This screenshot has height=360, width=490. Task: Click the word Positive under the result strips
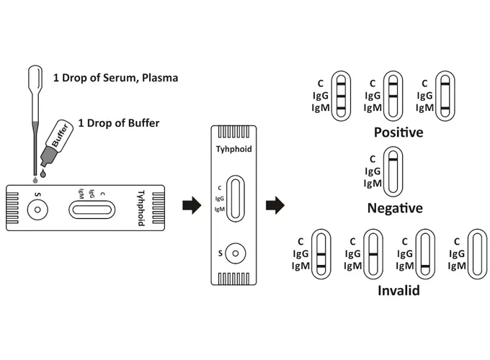pos(398,132)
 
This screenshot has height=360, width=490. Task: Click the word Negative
pos(395,208)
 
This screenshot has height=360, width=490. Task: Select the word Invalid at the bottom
pos(398,291)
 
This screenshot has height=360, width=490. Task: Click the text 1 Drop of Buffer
pos(118,123)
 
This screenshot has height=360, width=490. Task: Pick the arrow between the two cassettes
pos(191,206)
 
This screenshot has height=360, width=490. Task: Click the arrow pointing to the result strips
pos(275,206)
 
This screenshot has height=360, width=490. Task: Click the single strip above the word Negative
pos(392,171)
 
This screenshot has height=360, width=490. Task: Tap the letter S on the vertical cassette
pos(219,253)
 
